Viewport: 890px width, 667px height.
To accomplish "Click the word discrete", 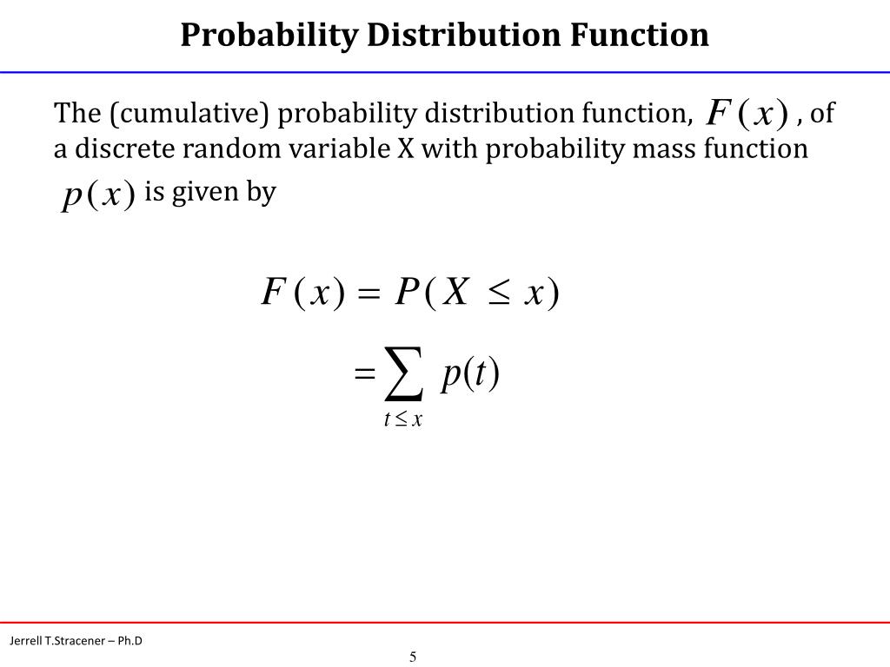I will [x=115, y=149].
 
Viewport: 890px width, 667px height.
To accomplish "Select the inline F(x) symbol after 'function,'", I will [x=747, y=113].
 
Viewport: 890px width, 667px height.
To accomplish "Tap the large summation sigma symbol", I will [x=404, y=374].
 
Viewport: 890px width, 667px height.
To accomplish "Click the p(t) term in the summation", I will [x=470, y=374].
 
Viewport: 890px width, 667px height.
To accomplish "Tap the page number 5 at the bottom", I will [x=414, y=656].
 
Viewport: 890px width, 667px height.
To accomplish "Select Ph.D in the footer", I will [x=130, y=641].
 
